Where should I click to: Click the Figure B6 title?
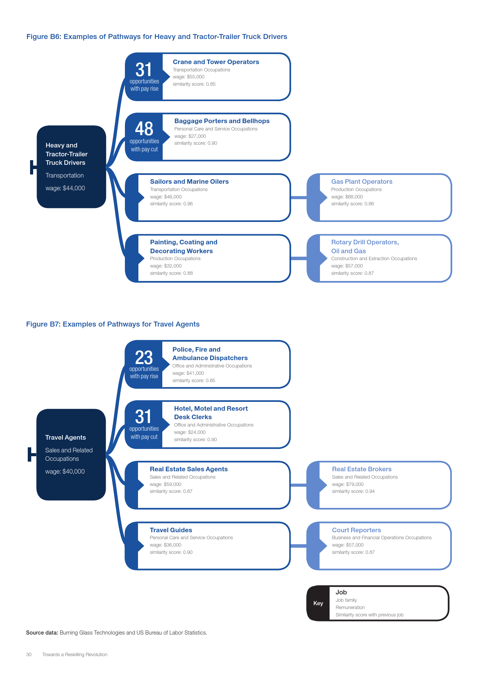click(x=157, y=37)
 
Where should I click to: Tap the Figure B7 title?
click(x=113, y=324)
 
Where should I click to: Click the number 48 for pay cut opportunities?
click(x=144, y=129)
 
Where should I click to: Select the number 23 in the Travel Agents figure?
click(x=144, y=358)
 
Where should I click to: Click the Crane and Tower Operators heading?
click(x=216, y=62)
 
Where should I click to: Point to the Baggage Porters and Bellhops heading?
click(x=222, y=121)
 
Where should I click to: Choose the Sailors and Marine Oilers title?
click(x=189, y=181)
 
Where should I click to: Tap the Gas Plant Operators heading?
click(x=362, y=181)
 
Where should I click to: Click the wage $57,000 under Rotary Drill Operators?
click(x=347, y=266)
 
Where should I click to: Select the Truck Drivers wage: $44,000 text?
click(x=65, y=188)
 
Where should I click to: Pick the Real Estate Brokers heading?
click(x=362, y=469)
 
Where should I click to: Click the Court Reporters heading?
click(x=356, y=530)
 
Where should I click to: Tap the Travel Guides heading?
click(x=171, y=530)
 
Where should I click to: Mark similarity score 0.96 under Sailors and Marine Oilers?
click(x=171, y=204)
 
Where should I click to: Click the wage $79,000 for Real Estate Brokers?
click(x=348, y=484)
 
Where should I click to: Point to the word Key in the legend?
click(x=318, y=603)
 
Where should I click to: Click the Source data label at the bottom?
click(x=42, y=633)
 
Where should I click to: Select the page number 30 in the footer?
click(x=29, y=655)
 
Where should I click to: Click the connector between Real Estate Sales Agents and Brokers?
click(x=298, y=485)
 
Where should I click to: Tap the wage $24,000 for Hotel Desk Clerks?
click(x=190, y=432)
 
